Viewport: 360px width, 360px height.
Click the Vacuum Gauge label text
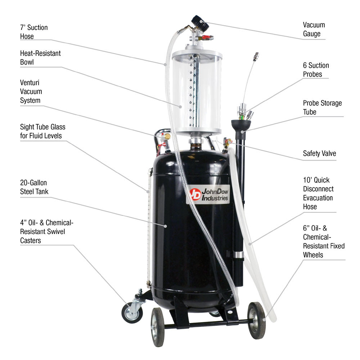pos(314,30)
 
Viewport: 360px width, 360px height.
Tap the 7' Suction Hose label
pos(34,32)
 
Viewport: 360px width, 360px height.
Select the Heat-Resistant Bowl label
pos(40,58)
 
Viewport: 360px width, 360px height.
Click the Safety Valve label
pos(319,153)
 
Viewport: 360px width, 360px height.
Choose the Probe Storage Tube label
pos(322,107)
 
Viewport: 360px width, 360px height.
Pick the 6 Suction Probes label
pos(316,70)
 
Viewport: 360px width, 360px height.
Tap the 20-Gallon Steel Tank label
pos(34,187)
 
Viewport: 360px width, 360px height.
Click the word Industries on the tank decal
pos(215,198)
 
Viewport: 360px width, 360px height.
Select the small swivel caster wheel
pos(132,312)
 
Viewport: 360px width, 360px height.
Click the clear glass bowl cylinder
pos(196,92)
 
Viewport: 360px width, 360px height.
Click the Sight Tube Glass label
pos(42,131)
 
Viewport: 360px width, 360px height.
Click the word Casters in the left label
pos(30,240)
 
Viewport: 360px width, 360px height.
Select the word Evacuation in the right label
pos(318,198)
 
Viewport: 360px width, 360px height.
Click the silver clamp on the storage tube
pos(238,255)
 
